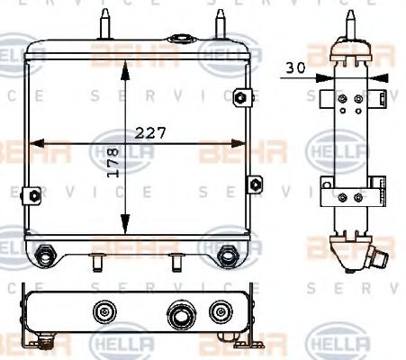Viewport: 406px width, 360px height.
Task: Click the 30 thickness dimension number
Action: (295, 67)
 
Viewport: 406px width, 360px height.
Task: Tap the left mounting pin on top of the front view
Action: (106, 21)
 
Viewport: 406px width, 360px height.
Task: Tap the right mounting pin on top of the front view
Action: (219, 21)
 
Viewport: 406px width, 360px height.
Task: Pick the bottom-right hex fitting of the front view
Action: (229, 256)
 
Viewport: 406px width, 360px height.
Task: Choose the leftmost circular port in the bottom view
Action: (102, 312)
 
